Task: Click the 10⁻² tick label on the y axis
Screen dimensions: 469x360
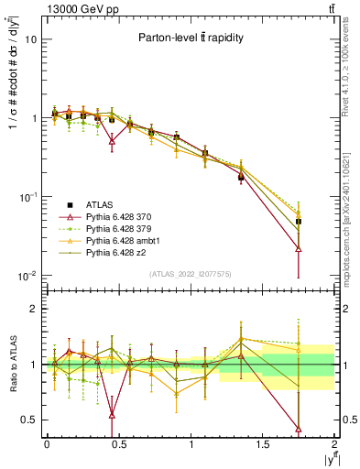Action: pyautogui.click(x=28, y=277)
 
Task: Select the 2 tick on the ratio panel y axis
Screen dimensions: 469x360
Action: pyautogui.click(x=33, y=310)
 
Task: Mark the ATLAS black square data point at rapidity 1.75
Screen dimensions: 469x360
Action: pyautogui.click(x=299, y=222)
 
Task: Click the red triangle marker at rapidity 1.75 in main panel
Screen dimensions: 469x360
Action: pyautogui.click(x=299, y=248)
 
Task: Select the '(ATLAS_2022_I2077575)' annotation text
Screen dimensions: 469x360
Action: pyautogui.click(x=191, y=274)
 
